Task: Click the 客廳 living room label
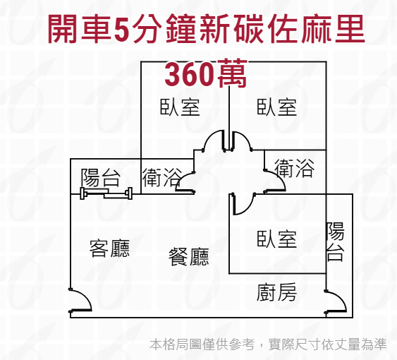pos(109,248)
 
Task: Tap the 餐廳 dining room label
pos(189,256)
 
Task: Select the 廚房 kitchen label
pos(276,292)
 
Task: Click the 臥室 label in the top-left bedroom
pos(180,107)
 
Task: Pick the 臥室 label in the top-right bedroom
pos(276,107)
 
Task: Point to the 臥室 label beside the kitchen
pos(276,239)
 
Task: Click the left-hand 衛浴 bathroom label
pos(162,177)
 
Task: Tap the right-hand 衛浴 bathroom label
pos(294,168)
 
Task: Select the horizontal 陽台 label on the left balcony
pos(100,177)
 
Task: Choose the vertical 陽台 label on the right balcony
pos(335,241)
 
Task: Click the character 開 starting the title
pos(63,28)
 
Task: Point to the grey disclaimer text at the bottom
pos(268,344)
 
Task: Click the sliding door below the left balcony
pos(106,194)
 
